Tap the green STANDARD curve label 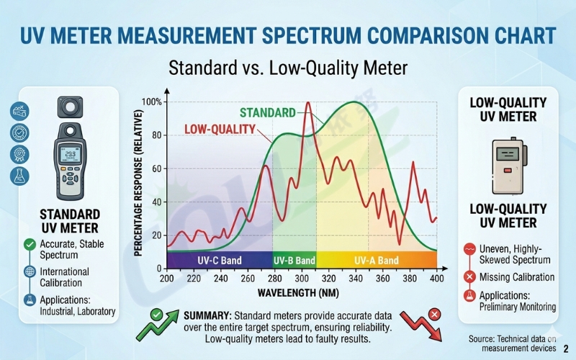(267, 113)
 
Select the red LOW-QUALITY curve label (220, 130)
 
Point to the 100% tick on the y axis (152, 102)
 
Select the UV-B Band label (294, 260)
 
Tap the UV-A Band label (376, 260)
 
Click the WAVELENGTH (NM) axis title (302, 293)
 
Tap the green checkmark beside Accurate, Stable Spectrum (30, 245)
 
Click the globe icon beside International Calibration (30, 272)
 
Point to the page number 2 (566, 348)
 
